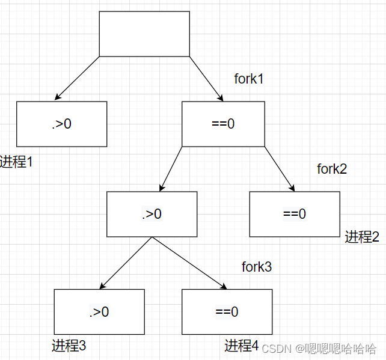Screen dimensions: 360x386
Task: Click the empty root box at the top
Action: (x=144, y=34)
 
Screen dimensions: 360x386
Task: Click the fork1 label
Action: (x=249, y=79)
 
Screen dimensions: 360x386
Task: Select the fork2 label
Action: (x=332, y=169)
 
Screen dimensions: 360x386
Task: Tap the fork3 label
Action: (x=257, y=267)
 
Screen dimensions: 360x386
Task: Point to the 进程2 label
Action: (x=362, y=237)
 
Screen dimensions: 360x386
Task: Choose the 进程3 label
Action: (x=69, y=346)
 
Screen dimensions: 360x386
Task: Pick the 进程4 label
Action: (x=242, y=346)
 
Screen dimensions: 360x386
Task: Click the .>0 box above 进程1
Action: (x=61, y=124)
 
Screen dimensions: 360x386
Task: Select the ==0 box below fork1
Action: (x=223, y=124)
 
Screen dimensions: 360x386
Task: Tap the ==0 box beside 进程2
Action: (x=294, y=214)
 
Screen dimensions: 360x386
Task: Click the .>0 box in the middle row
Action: (x=152, y=214)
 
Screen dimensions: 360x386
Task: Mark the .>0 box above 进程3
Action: (x=99, y=311)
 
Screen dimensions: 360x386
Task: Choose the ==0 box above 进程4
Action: (x=227, y=311)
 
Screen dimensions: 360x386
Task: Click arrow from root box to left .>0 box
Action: (x=77, y=78)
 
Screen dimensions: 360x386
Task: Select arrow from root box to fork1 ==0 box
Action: (x=206, y=78)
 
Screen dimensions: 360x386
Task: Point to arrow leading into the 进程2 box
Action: (x=280, y=169)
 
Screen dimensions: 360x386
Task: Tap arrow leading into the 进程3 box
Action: (x=126, y=263)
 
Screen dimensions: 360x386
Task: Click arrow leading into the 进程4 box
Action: (x=189, y=263)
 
